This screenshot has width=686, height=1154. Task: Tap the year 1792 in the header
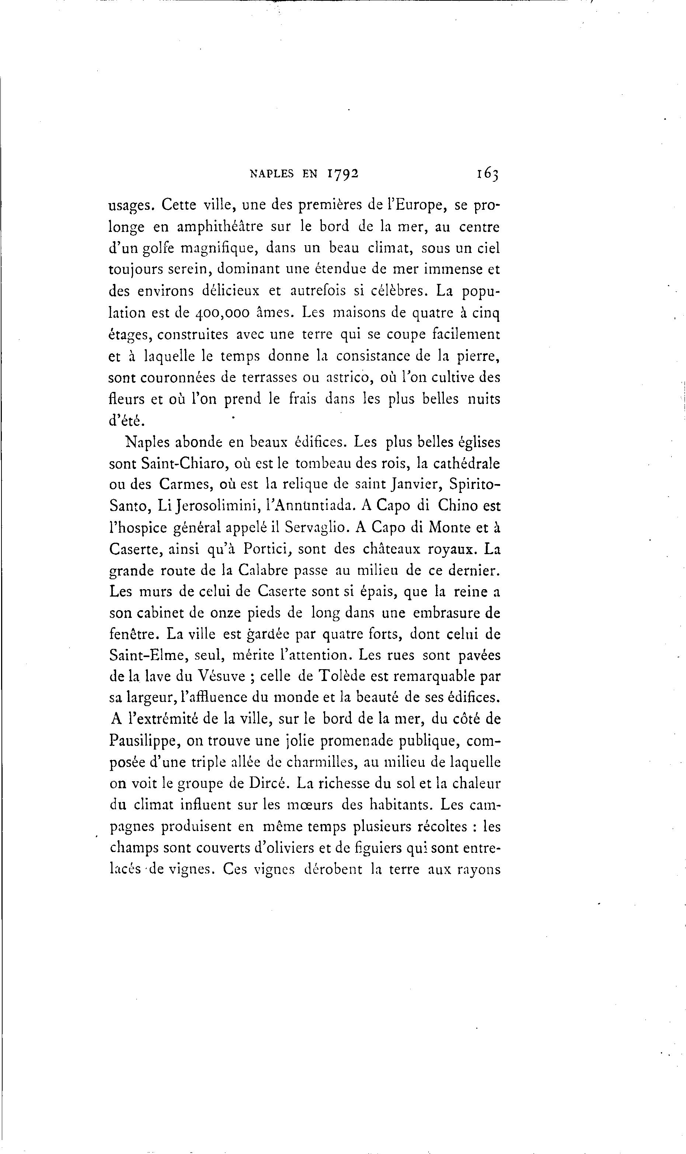(x=343, y=174)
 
